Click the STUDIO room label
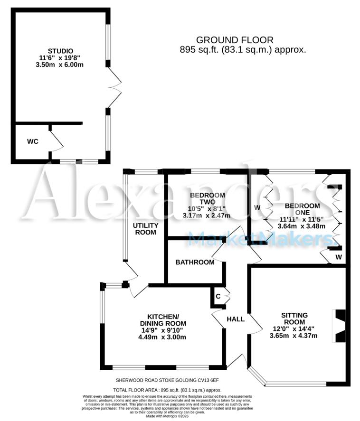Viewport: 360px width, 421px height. click(60, 51)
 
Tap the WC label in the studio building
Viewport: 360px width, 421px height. click(32, 141)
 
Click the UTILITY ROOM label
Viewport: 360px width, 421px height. click(145, 228)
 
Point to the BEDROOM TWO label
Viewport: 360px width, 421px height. click(207, 199)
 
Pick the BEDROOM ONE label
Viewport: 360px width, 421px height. click(302, 209)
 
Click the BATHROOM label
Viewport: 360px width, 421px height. click(195, 262)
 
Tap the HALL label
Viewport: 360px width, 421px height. click(236, 319)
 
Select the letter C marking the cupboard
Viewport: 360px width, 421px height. click(218, 296)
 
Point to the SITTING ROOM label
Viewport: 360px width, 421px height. click(294, 318)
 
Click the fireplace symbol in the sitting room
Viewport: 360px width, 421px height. click(341, 325)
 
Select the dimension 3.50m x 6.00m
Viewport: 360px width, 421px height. click(60, 65)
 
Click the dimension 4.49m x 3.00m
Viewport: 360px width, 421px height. click(162, 337)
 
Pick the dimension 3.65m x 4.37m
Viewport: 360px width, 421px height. click(294, 336)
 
